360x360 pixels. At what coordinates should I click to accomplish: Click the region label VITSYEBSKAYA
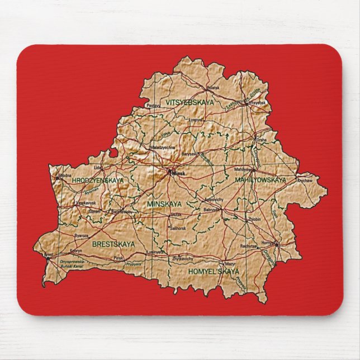coord(190,102)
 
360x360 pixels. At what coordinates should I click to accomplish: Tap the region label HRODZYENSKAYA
coord(98,181)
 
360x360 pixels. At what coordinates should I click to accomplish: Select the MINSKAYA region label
coord(165,205)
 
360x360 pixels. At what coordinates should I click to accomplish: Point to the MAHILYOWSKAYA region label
coord(260,180)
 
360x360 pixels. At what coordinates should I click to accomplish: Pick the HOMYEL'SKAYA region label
coord(214,271)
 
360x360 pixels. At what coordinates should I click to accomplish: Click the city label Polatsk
coord(213,88)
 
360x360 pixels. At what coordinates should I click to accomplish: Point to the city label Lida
coord(98,167)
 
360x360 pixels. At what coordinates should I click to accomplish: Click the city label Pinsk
coord(118,258)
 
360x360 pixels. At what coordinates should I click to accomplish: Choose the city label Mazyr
coord(230,264)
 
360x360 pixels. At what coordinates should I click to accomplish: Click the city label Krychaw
coord(305,181)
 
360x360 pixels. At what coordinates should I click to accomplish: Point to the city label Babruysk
coord(211,209)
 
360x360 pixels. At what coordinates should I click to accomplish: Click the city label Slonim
coord(94,211)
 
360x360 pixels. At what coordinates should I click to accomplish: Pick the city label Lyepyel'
coord(195,119)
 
